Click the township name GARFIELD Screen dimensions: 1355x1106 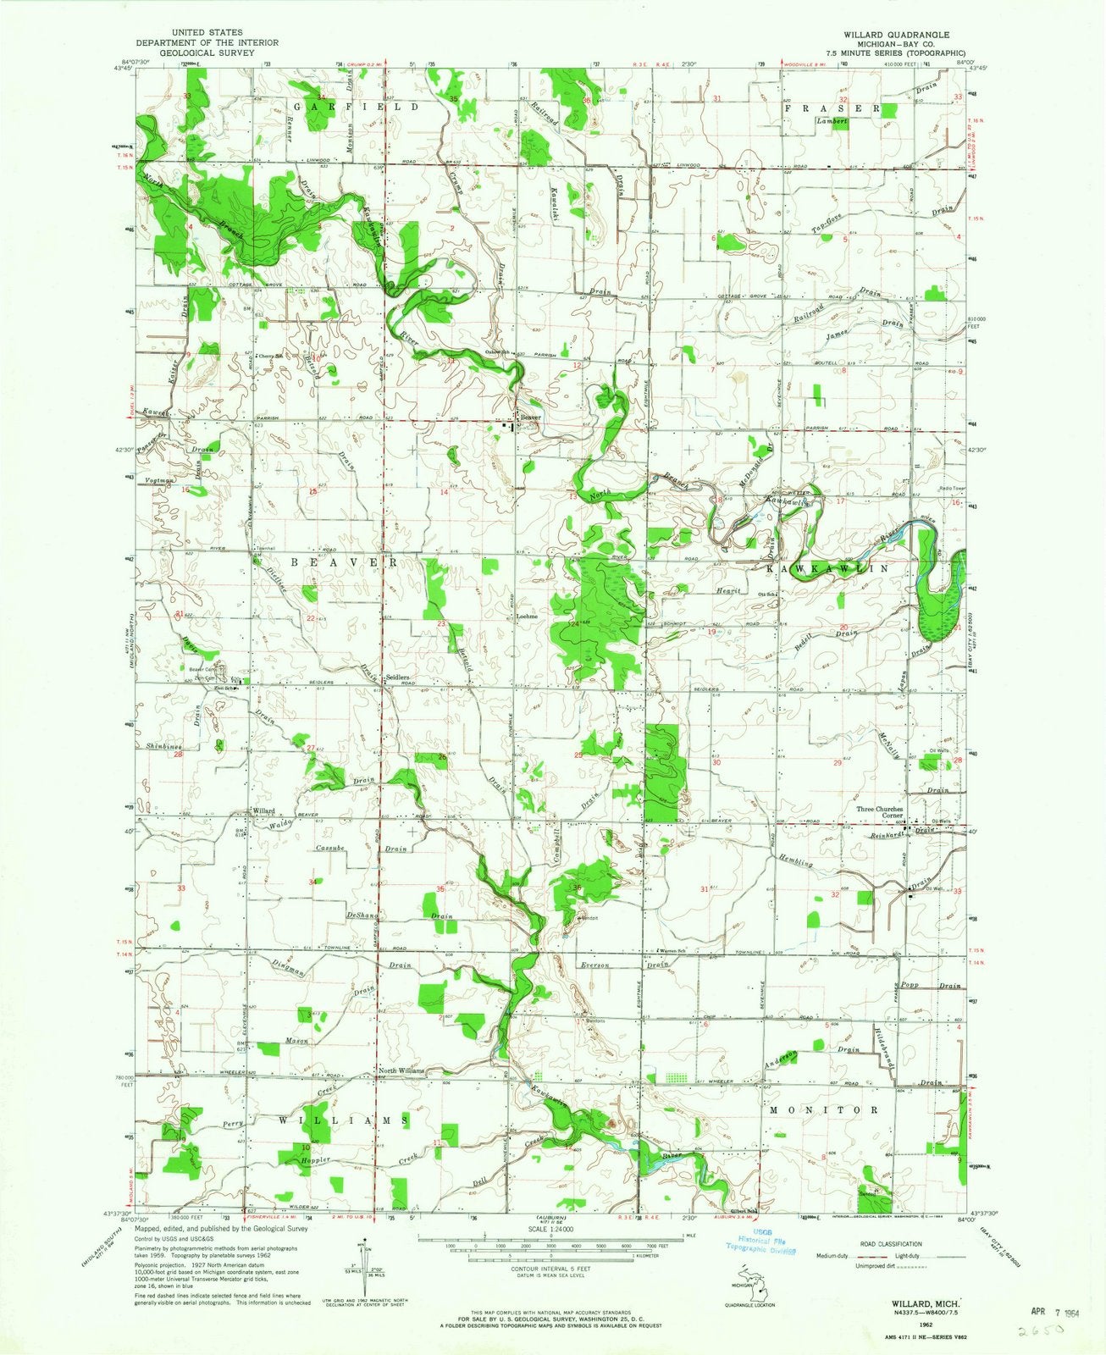(357, 108)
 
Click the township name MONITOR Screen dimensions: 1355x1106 (821, 1109)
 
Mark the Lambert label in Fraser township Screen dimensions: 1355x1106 (831, 122)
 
